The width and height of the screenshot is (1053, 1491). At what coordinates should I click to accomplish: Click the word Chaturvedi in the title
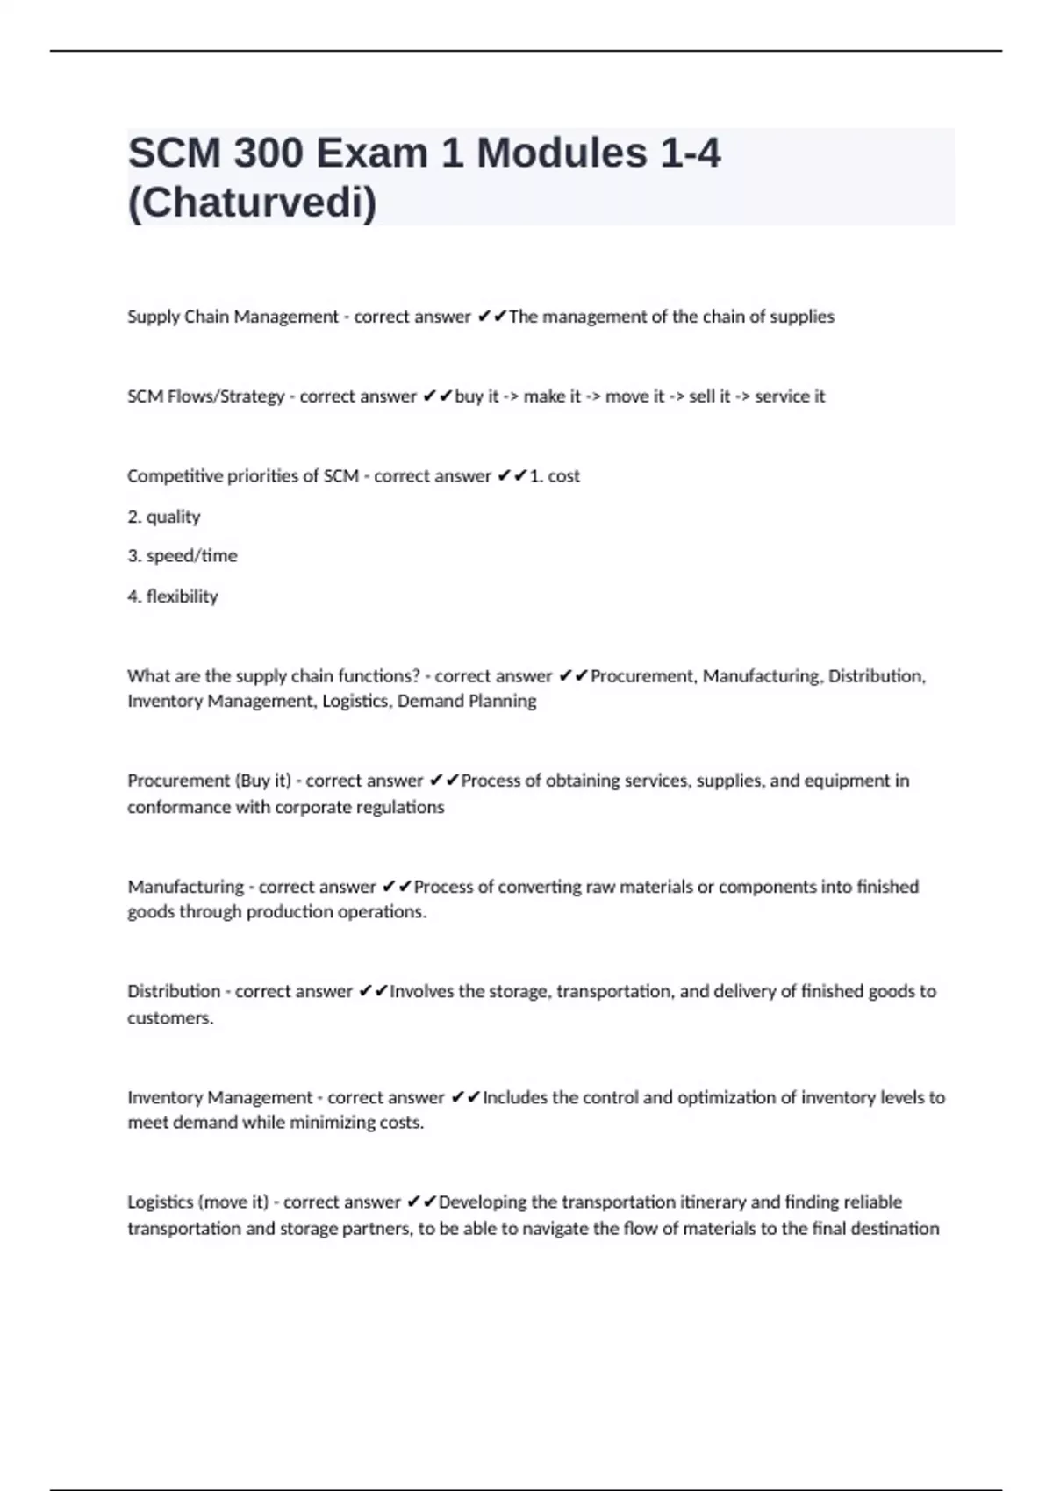[x=252, y=203]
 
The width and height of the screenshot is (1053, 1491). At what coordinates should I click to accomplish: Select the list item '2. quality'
[x=164, y=517]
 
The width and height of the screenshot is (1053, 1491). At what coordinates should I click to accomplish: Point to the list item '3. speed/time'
[x=183, y=556]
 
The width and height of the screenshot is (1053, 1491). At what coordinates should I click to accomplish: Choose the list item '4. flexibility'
[x=173, y=596]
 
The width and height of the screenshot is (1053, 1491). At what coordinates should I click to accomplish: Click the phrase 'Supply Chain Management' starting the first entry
[x=233, y=317]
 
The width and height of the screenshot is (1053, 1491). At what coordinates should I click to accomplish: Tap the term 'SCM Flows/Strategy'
[x=205, y=396]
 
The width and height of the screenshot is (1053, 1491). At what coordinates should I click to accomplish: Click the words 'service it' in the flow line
[x=790, y=396]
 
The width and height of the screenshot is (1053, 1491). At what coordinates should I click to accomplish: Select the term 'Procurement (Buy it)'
[x=209, y=781]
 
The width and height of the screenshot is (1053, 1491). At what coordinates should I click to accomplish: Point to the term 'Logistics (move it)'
[x=197, y=1202]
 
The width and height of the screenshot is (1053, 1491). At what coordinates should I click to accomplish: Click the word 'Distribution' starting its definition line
[x=174, y=992]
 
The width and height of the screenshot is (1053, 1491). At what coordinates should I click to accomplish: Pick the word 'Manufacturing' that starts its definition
[x=185, y=887]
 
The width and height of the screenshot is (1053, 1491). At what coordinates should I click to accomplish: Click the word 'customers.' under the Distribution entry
[x=170, y=1018]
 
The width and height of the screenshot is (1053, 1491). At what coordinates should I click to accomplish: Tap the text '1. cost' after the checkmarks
[x=555, y=476]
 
